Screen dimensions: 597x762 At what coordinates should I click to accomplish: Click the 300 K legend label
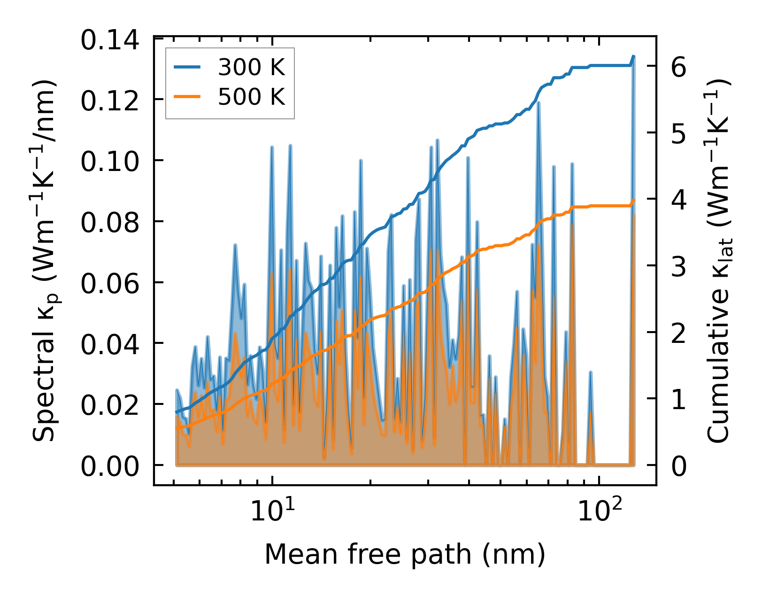[x=251, y=68]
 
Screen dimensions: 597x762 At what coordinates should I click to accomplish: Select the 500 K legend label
[x=251, y=97]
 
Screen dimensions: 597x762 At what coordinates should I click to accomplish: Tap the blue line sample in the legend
[x=187, y=68]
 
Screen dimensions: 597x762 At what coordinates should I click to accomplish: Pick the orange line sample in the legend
[x=187, y=97]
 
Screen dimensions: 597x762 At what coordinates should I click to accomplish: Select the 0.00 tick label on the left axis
[x=110, y=467]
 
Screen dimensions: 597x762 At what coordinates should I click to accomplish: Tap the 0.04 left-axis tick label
[x=110, y=345]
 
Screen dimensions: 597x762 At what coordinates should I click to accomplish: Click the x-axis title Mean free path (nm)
[x=405, y=554]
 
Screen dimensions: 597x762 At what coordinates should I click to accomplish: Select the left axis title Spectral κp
[x=45, y=261]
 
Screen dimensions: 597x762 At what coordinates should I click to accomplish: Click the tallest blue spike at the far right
[x=633, y=57]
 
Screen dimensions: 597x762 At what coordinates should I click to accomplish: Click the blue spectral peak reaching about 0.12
[x=539, y=103]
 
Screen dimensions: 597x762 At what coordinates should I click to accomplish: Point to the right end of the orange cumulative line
[x=634, y=200]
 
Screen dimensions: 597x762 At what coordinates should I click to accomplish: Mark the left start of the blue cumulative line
[x=176, y=412]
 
